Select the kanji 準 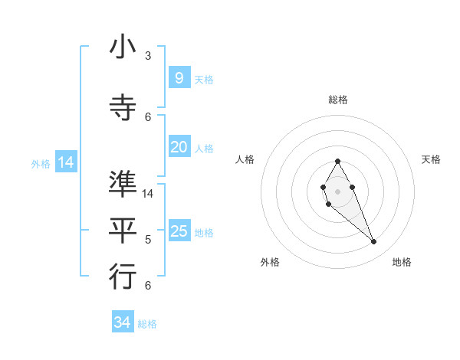[x=123, y=185]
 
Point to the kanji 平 [x=123, y=231]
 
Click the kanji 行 [x=123, y=277]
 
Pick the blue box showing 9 [x=179, y=78]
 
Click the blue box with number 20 [x=179, y=147]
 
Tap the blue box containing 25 [x=179, y=231]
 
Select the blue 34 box [x=122, y=322]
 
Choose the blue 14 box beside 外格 [x=65, y=162]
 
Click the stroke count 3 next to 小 [x=148, y=56]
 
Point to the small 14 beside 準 [x=149, y=194]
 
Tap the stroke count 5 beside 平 [x=148, y=240]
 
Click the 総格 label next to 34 [x=147, y=324]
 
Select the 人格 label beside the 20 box [x=204, y=148]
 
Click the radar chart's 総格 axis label [x=337, y=100]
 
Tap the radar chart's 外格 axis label [x=270, y=262]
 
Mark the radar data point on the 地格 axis [x=373, y=241]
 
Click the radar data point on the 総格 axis [x=337, y=161]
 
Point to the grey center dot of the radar [x=337, y=190]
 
